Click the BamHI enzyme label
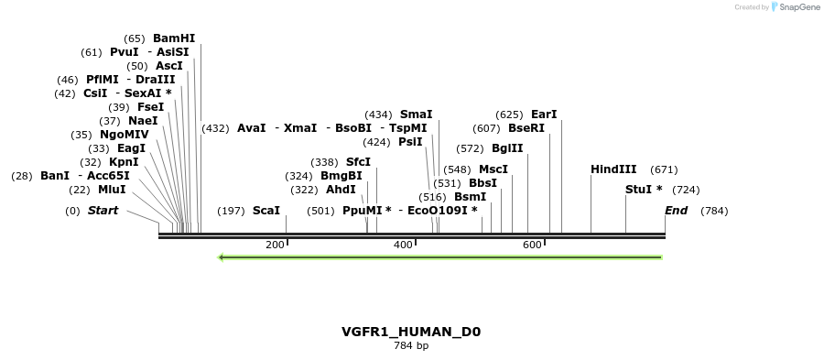coord(174,38)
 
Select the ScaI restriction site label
coord(266,211)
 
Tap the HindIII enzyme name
coord(613,169)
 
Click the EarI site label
coord(544,115)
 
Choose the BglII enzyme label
coord(507,148)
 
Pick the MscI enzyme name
coord(493,169)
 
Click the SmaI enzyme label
coord(416,115)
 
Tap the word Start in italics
coord(103,211)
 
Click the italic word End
coord(676,211)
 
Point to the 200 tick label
coord(275,245)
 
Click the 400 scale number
coord(404,245)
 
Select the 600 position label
coord(533,245)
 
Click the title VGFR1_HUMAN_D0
coord(411,332)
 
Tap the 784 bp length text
coord(411,346)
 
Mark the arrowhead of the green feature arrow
coord(222,257)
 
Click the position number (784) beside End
coord(714,211)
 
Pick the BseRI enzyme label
coord(526,128)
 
